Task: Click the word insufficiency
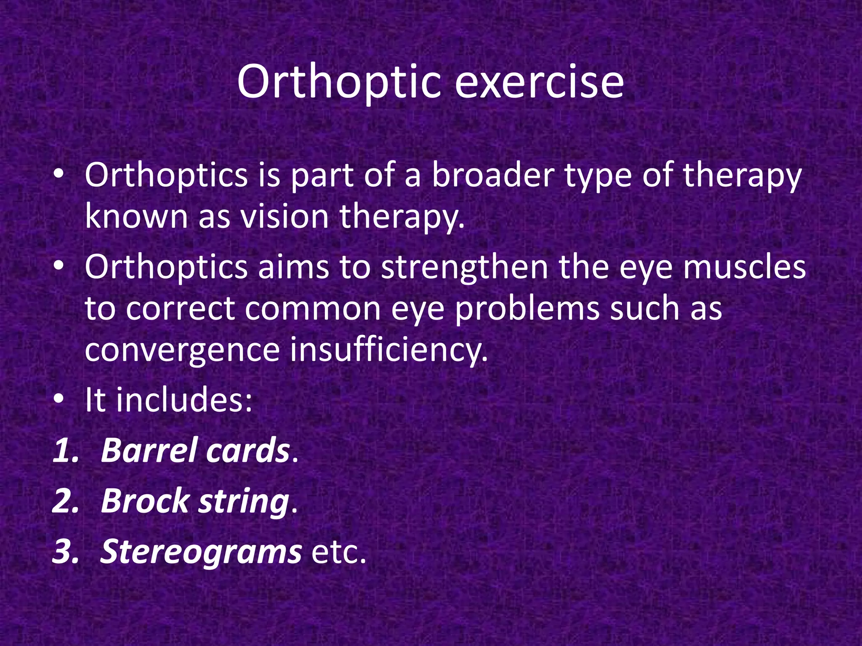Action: coord(388,350)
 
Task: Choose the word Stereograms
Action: coord(201,551)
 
